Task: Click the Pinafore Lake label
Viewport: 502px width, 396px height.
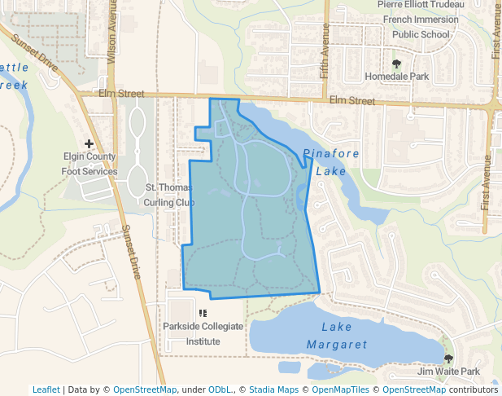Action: (325, 162)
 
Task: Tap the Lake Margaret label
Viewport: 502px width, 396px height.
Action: (336, 336)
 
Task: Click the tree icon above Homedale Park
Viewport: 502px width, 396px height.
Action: (396, 63)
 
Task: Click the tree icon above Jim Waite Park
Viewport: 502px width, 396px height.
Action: (448, 359)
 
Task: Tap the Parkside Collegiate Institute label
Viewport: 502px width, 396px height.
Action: (203, 333)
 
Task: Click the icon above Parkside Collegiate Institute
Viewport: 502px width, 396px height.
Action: (203, 312)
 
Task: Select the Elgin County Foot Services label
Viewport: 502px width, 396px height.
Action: (89, 164)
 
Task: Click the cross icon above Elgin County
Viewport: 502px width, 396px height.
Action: (89, 144)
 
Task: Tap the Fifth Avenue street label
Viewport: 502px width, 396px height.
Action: (325, 46)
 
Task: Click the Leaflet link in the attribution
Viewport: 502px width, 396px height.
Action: (46, 389)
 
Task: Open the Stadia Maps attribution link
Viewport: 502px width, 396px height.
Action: (273, 389)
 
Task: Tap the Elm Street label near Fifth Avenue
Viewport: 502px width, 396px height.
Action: (352, 101)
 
